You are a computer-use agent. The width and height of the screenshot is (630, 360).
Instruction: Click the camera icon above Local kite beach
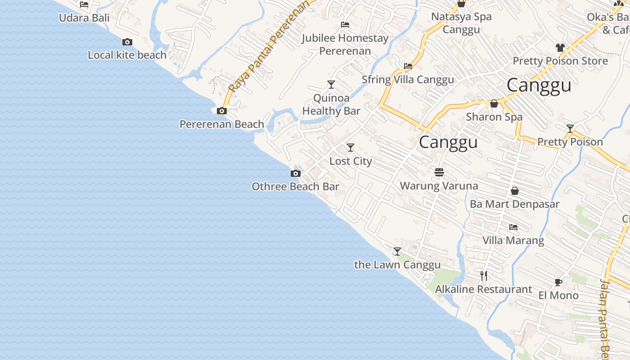click(127, 42)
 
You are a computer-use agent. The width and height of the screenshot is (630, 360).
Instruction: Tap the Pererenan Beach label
click(221, 124)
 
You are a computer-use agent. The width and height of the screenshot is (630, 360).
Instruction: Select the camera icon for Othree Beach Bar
click(295, 174)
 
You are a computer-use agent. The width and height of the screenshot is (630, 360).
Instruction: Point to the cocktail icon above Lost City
click(350, 148)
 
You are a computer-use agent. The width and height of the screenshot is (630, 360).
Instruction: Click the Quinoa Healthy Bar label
click(331, 104)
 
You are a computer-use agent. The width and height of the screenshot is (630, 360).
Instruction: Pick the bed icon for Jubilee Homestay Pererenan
click(345, 25)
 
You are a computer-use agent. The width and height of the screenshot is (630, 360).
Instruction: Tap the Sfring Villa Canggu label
click(408, 80)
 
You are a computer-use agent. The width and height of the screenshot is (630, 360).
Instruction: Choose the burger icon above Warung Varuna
click(439, 172)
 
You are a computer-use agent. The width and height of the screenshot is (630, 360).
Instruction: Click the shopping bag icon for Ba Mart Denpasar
click(514, 191)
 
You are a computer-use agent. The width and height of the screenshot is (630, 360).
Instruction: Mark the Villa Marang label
click(513, 240)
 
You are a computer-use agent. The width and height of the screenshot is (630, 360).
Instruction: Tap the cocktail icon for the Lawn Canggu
click(397, 252)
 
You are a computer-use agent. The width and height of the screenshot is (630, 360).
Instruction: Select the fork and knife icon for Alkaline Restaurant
click(484, 275)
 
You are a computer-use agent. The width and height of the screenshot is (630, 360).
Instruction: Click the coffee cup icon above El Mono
click(558, 283)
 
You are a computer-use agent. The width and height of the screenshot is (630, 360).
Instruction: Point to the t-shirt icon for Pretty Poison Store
click(560, 48)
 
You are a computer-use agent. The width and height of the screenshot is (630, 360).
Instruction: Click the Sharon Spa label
click(494, 117)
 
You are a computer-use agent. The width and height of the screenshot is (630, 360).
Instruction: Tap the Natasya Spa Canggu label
click(461, 23)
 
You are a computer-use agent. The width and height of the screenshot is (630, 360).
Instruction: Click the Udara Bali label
click(84, 18)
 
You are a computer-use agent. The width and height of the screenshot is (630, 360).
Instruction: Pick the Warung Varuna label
click(439, 185)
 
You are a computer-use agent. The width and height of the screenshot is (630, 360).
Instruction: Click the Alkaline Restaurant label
click(483, 289)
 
